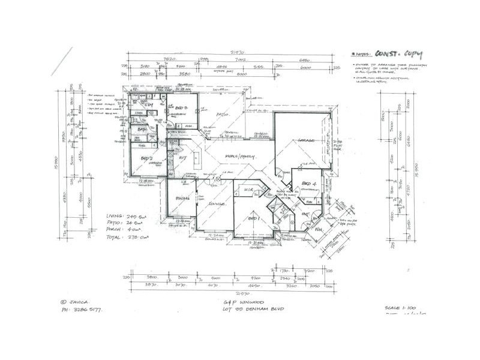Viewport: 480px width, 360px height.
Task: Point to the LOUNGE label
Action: [x=217, y=205]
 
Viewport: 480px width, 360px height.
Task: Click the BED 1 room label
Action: [x=252, y=219]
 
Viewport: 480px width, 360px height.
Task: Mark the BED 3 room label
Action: [x=182, y=108]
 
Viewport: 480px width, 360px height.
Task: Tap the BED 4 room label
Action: [x=308, y=182]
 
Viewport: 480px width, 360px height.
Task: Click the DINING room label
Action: [x=182, y=198]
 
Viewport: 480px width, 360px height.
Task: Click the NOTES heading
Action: [x=362, y=55]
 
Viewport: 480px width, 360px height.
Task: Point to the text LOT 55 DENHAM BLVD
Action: [x=251, y=308]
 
